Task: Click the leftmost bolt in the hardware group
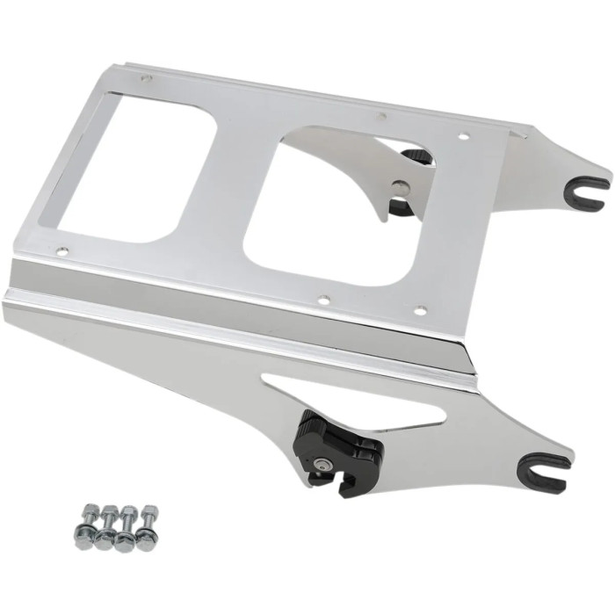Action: click(x=89, y=519)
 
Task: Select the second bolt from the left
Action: click(x=110, y=521)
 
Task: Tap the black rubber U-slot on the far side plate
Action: click(x=587, y=186)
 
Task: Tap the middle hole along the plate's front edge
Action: click(x=324, y=298)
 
